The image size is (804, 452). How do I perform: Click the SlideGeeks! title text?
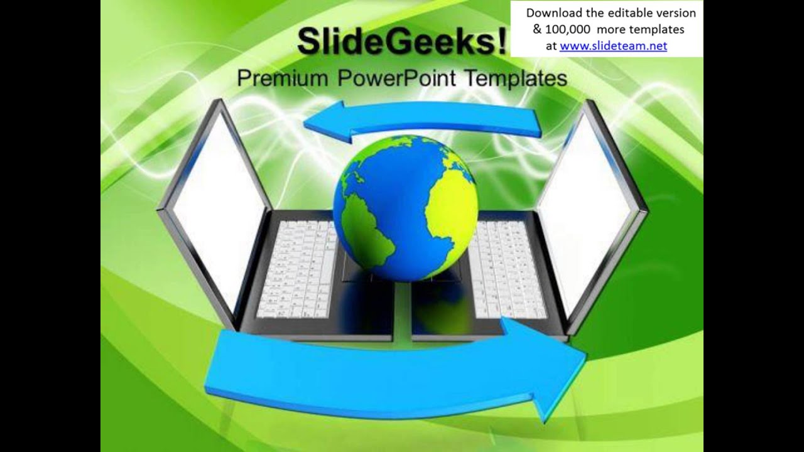point(401,41)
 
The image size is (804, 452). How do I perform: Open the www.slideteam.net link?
point(613,46)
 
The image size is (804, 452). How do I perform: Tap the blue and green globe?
point(405,207)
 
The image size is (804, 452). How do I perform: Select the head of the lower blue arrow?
point(553,370)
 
